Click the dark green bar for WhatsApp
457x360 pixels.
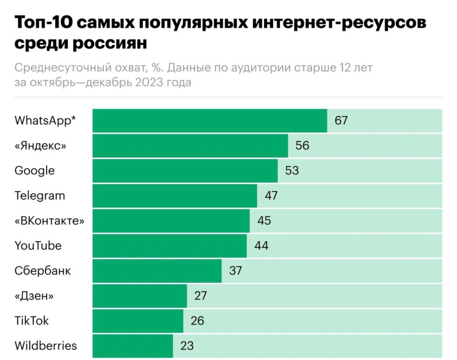[210, 121]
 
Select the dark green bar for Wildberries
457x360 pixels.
[133, 346]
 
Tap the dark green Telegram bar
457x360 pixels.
[175, 196]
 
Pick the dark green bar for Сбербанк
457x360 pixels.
[157, 270]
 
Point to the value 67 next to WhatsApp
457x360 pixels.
[341, 121]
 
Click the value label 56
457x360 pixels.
[302, 146]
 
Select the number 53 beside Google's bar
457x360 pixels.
[292, 170]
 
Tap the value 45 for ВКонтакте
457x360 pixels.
[264, 221]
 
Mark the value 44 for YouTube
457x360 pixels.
[261, 246]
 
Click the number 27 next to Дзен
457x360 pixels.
[201, 296]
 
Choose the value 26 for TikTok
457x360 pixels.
[197, 321]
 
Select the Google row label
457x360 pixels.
[34, 170]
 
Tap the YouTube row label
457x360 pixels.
[38, 246]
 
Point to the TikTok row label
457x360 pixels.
[32, 321]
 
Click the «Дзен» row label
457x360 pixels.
[34, 296]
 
